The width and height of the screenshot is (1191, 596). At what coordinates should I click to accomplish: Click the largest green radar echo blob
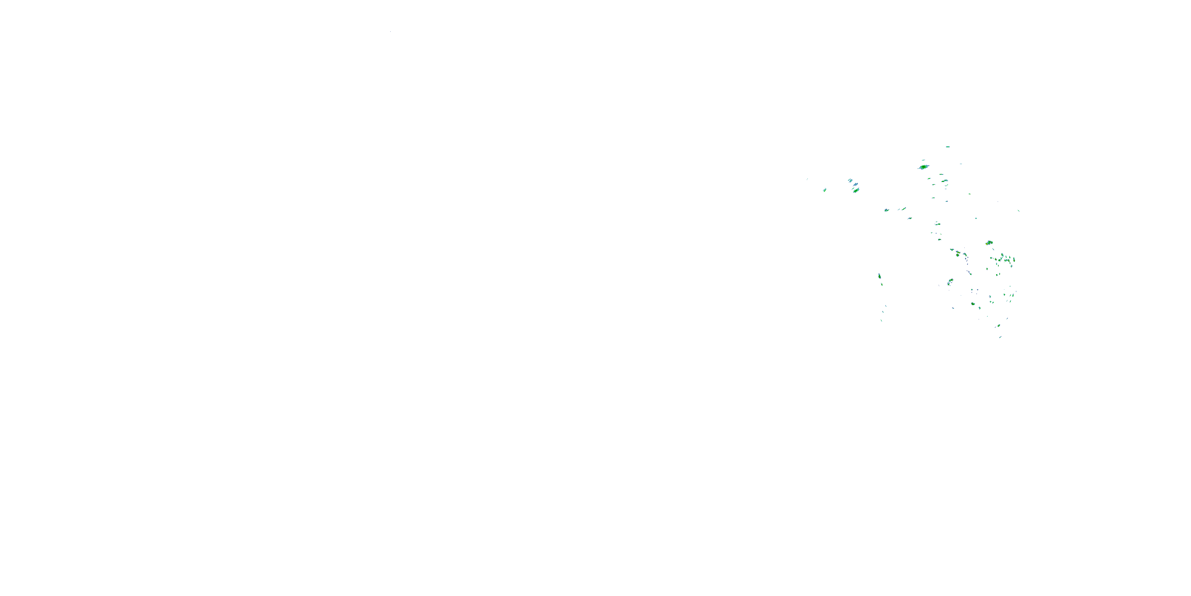(923, 167)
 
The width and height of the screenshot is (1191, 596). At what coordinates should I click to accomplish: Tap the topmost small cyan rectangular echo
(947, 147)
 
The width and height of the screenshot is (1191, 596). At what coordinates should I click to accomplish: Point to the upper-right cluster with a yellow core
(989, 242)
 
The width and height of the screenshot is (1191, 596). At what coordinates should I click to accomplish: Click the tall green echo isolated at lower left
(879, 276)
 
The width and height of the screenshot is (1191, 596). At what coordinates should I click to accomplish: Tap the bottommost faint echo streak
(1000, 337)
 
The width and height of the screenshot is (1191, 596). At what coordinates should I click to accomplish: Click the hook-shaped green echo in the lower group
(950, 281)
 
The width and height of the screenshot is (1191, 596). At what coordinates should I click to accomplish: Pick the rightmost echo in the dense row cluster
(1014, 259)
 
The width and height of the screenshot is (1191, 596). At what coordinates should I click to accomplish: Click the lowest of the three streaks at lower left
(882, 320)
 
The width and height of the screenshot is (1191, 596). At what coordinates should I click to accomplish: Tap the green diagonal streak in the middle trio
(904, 209)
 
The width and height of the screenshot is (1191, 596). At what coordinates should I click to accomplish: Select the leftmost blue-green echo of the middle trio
(887, 211)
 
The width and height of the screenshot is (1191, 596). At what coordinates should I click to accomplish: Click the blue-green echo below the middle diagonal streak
(910, 218)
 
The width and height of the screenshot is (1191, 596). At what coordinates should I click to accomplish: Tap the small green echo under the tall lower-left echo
(882, 284)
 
